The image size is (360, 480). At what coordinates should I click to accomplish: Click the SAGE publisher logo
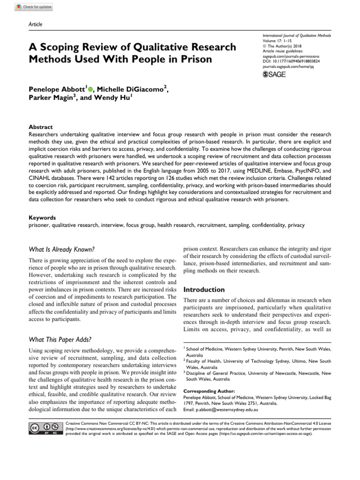point(274,74)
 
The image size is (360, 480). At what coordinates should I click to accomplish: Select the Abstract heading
point(41,127)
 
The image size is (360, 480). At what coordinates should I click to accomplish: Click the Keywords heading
point(43,217)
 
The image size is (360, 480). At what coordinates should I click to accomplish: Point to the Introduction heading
point(204,290)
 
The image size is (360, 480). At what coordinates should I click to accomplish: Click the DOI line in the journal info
point(291,61)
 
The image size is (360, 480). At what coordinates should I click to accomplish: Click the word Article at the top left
point(36,24)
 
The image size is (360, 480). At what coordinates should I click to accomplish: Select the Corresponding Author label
point(209,391)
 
